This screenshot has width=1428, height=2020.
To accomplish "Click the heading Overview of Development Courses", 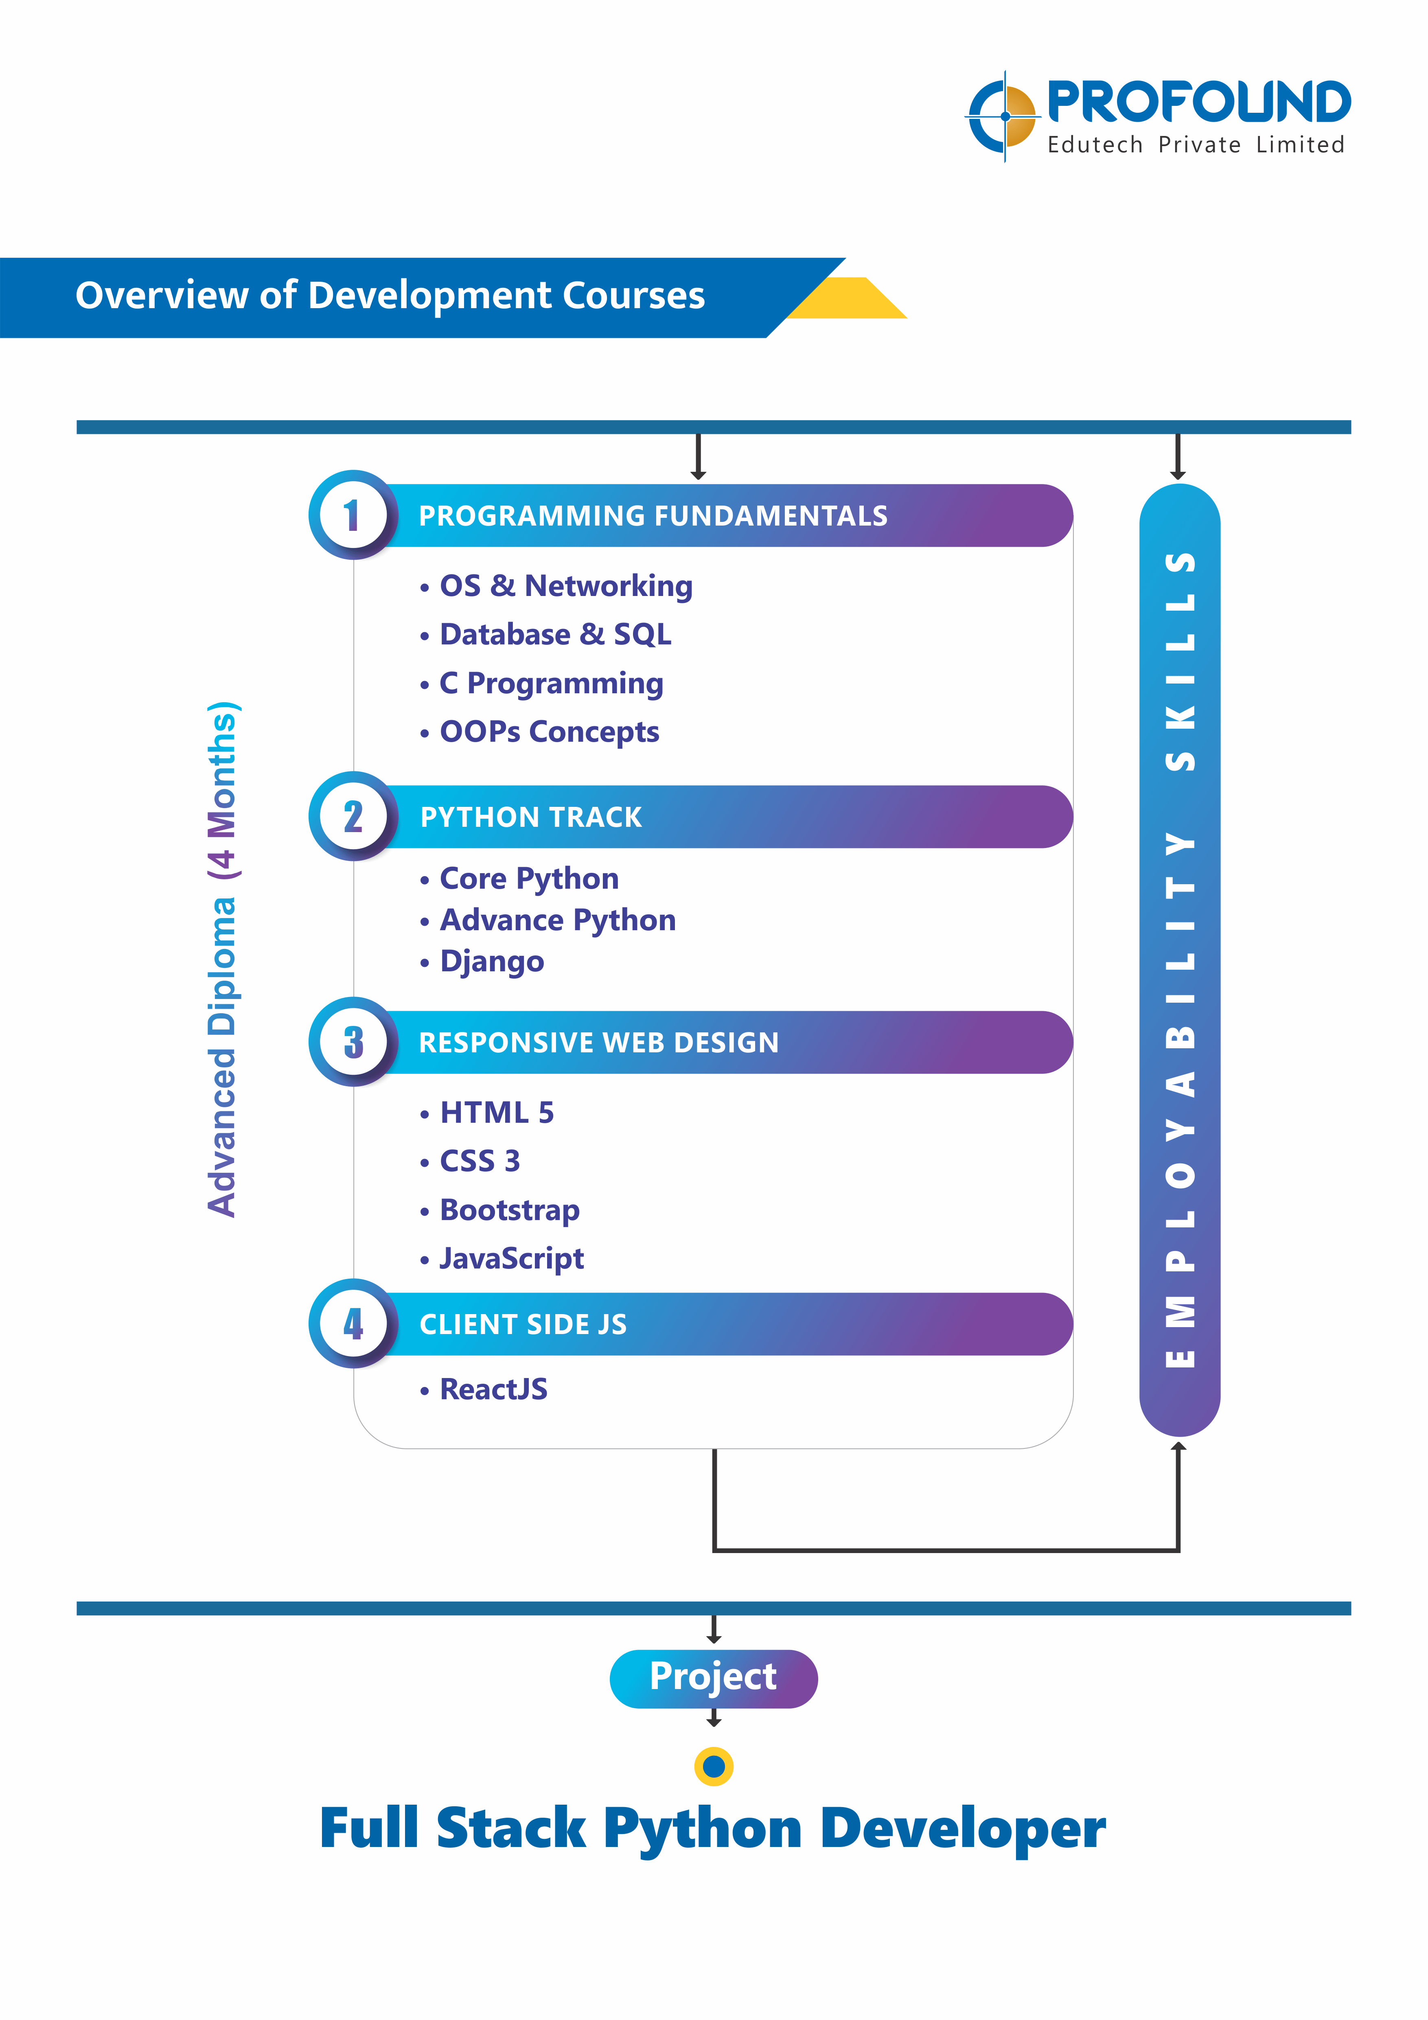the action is (390, 296).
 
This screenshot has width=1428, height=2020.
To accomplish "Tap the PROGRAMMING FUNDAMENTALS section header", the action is (653, 515).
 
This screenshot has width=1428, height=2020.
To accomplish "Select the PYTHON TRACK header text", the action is (530, 817).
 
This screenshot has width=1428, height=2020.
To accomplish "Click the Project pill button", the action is (714, 1678).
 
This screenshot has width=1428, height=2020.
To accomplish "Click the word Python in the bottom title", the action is (702, 1829).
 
